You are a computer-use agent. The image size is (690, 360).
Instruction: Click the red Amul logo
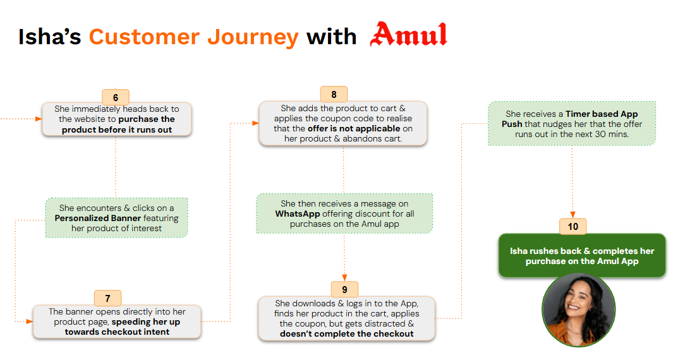point(408,35)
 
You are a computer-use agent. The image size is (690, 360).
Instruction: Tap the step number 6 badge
point(116,98)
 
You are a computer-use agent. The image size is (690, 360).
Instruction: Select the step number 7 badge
point(108,298)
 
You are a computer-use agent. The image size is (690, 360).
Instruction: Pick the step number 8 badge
point(334,95)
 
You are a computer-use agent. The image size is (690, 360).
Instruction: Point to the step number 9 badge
point(344,290)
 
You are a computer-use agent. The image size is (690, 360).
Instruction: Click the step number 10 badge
point(572,226)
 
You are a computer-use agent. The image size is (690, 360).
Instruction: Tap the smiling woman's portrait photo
point(578,310)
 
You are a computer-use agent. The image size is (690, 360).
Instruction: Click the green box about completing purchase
point(582,256)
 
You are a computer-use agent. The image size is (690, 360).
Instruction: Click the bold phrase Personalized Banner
point(97,219)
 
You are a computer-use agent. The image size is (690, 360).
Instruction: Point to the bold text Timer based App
point(602,114)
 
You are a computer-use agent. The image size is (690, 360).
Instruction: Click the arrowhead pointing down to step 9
point(344,277)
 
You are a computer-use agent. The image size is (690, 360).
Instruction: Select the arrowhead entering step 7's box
point(29,321)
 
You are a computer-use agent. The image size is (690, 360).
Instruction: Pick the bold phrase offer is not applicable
point(354,129)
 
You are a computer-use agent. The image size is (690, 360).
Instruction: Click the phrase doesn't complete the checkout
point(346,333)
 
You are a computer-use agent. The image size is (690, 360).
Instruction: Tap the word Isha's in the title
point(49,37)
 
